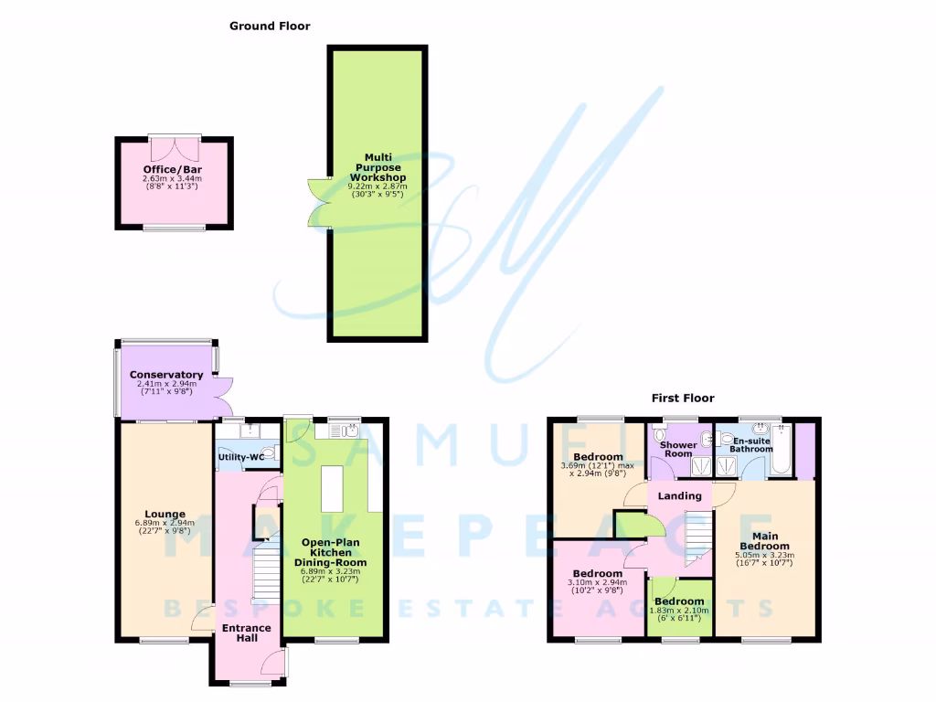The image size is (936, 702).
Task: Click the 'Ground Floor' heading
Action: pos(269,27)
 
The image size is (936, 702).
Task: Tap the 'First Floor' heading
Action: pos(682,398)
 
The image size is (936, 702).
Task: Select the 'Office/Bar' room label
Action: pos(172,170)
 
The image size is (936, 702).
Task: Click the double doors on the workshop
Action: pos(318,200)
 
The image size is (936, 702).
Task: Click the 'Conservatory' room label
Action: pos(165,375)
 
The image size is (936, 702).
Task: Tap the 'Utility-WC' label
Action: pos(240,456)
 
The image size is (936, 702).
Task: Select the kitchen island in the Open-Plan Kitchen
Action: pos(332,489)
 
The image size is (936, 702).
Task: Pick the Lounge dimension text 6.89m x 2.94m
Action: pos(165,524)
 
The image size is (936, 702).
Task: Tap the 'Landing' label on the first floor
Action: pos(680,495)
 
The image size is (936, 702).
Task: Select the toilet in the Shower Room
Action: pos(661,438)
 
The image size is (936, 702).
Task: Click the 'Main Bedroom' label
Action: pos(764,541)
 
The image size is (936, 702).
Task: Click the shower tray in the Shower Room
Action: pos(701,466)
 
